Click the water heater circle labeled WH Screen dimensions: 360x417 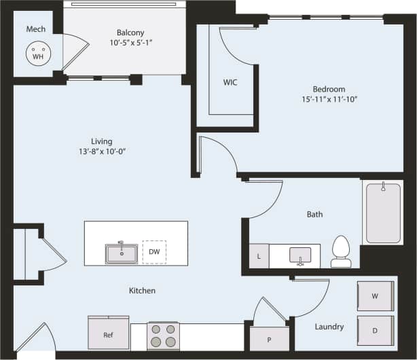point(37,53)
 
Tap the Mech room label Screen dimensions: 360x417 point(36,29)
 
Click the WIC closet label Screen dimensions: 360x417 point(230,82)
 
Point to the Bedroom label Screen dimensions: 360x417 point(329,89)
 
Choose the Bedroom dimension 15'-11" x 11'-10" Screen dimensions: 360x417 point(329,99)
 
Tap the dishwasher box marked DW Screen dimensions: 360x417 point(154,251)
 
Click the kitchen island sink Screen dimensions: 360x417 point(122,253)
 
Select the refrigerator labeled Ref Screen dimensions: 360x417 point(108,334)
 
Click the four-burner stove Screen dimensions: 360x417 point(163,336)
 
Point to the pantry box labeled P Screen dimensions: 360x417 point(270,338)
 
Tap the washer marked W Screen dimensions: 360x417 point(376,296)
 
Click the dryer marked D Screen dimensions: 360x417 point(376,331)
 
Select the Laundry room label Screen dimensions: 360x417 point(329,327)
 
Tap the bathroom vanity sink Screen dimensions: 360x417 point(300,255)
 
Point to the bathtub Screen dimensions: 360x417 point(384,212)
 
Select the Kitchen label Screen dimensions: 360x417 point(142,291)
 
